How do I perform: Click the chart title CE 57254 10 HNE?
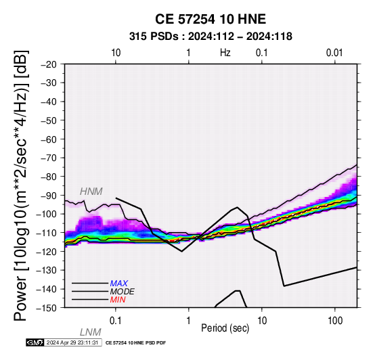click(211, 19)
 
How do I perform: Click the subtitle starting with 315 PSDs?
click(211, 37)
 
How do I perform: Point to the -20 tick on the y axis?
click(49, 64)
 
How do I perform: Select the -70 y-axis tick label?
click(49, 158)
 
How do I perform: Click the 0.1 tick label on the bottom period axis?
click(116, 321)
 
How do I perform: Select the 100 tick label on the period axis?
click(335, 321)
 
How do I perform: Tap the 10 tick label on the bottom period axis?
click(262, 321)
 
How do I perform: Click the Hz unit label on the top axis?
click(225, 53)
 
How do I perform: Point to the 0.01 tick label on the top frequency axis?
click(334, 53)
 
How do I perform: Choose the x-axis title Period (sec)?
click(225, 328)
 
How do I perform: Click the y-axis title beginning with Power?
click(22, 185)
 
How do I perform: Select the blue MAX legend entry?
click(119, 284)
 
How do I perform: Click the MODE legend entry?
click(123, 292)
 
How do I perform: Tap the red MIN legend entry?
click(118, 300)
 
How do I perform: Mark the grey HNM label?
click(91, 192)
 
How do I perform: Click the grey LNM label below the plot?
click(91, 332)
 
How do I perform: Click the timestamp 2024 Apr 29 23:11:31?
click(72, 342)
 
